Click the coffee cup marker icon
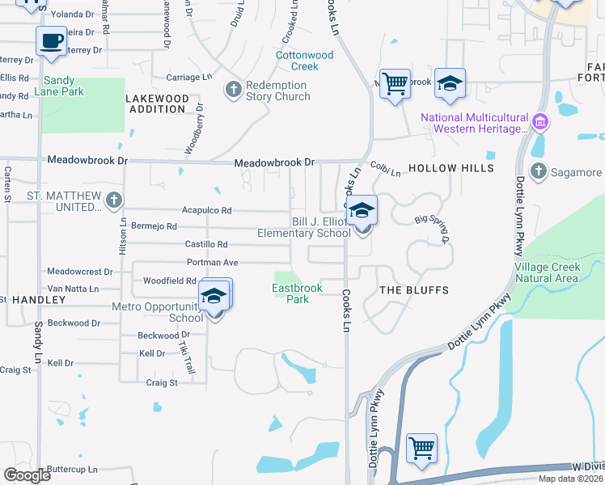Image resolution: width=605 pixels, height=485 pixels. click(x=53, y=40)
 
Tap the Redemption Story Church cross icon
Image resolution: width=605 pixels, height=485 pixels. click(x=234, y=89)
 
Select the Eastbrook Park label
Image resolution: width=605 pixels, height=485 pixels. click(x=297, y=293)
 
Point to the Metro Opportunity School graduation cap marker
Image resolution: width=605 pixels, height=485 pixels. click(x=214, y=295)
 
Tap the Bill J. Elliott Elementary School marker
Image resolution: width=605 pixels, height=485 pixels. click(x=363, y=211)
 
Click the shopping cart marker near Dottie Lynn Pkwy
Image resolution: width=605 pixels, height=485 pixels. click(x=421, y=447)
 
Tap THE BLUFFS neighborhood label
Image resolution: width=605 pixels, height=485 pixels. click(x=413, y=289)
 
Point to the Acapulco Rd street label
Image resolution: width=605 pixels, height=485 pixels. click(x=206, y=210)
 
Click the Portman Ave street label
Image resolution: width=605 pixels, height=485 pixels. click(x=212, y=262)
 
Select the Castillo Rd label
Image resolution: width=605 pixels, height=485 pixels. click(x=206, y=244)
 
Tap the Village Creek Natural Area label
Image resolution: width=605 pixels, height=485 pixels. click(x=546, y=272)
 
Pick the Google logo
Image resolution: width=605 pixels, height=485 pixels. click(x=27, y=475)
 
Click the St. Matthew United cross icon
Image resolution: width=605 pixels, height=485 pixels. click(x=114, y=199)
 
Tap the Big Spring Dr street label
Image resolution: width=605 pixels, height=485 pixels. click(x=430, y=229)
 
